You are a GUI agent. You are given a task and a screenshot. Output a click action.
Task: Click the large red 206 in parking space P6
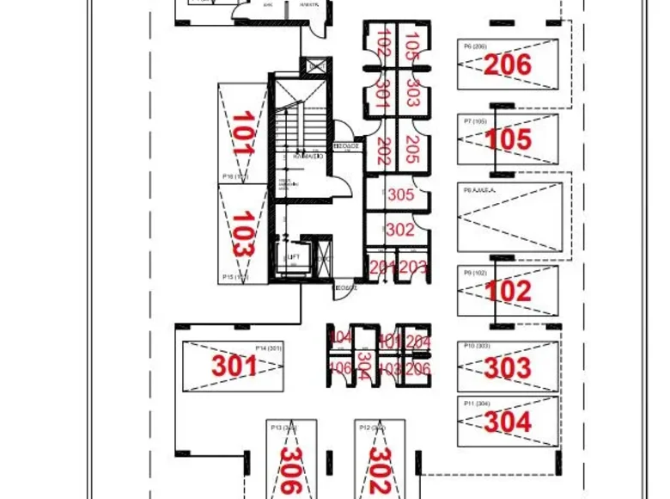coord(508,65)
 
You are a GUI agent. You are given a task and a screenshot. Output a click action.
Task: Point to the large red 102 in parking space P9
coord(508,291)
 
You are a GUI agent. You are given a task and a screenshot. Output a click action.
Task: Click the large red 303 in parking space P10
coord(508,367)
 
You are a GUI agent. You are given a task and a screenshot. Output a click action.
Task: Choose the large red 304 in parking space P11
coord(508,422)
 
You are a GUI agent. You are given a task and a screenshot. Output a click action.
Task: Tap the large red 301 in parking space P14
coord(234,367)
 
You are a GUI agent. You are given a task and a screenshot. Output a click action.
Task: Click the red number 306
coord(291,471)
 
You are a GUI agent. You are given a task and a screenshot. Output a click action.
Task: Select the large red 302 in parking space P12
coord(380,471)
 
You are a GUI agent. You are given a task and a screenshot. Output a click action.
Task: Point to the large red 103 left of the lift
coord(244,233)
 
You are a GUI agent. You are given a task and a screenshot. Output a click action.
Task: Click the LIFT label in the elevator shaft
coord(293,257)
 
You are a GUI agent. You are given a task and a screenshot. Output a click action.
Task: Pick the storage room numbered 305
coord(400,195)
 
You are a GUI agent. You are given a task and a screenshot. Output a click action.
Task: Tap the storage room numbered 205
coord(412,150)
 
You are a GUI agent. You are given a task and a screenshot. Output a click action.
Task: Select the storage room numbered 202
coord(383,150)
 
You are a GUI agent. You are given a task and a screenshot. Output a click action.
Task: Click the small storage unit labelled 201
coord(381,267)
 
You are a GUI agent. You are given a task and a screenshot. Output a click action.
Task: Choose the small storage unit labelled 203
coord(413,267)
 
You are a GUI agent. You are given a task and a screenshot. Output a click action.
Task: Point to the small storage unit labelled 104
coord(341,336)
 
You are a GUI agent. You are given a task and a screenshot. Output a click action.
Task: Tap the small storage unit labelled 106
coord(341,368)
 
